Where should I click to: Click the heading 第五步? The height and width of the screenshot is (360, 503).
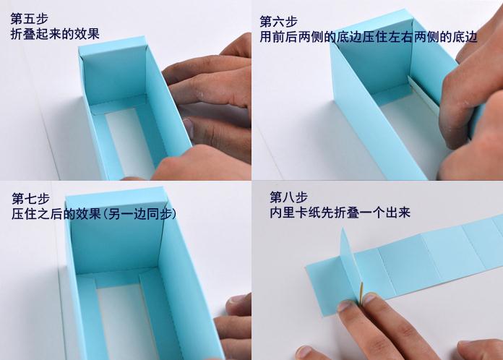(29, 19)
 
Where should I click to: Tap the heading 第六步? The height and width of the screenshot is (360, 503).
(279, 22)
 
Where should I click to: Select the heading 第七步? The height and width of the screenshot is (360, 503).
(31, 199)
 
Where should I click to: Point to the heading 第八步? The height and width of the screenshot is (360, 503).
(288, 197)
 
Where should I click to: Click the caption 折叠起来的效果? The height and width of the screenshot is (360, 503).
(55, 34)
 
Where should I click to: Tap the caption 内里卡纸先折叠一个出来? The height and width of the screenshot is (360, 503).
(340, 213)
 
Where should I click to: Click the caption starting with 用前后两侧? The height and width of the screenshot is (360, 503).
(369, 37)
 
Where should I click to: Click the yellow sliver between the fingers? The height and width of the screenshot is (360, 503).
(362, 292)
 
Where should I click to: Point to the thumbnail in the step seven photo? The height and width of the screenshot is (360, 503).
(236, 300)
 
